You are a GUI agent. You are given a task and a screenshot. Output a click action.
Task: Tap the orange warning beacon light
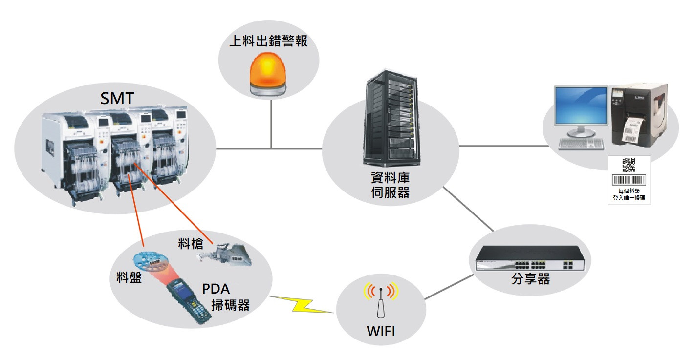coord(268,73)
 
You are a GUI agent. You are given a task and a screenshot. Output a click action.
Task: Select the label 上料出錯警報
coord(268,41)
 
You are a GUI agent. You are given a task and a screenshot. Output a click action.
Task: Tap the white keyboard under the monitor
coord(581,143)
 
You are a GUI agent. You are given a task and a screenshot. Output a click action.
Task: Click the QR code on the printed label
coord(629,165)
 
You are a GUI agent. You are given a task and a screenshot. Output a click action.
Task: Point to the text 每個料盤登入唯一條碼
coord(629,194)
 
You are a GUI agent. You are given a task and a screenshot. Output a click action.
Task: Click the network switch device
coord(530,258)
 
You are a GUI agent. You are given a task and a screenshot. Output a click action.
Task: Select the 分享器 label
coord(530,279)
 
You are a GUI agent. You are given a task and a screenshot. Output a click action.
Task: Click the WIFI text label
coord(381,333)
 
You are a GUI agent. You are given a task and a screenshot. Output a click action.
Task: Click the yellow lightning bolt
coord(301,304)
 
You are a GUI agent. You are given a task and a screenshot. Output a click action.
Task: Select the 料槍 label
coord(191,243)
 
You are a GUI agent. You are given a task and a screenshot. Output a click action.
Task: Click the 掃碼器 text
coord(230,305)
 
